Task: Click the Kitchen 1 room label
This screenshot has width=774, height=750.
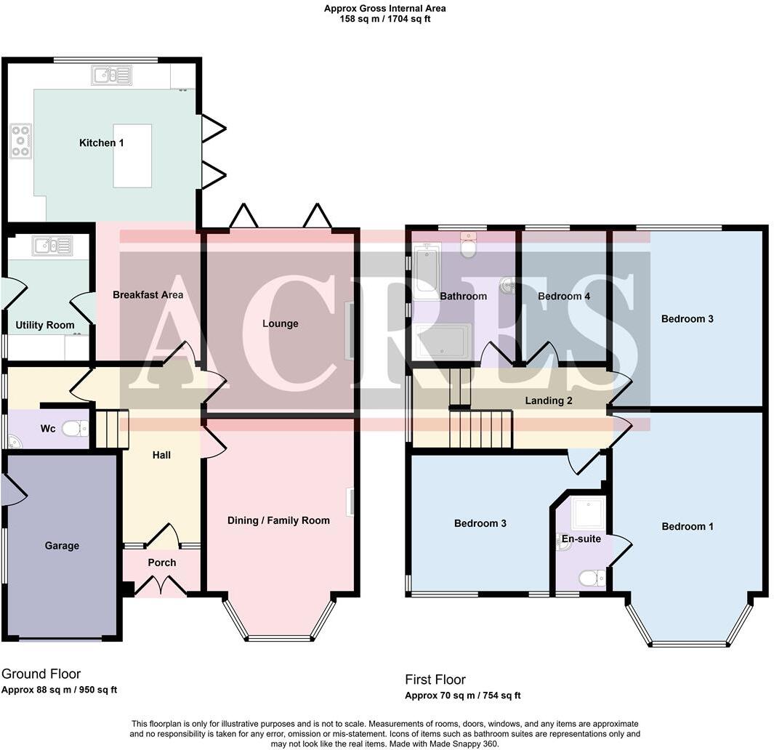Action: click(x=101, y=143)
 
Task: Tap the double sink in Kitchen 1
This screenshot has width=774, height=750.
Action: click(x=111, y=75)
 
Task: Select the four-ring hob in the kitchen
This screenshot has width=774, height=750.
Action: click(x=20, y=141)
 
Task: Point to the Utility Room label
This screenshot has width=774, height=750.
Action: click(x=45, y=325)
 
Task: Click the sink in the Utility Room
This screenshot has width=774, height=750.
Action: click(x=52, y=246)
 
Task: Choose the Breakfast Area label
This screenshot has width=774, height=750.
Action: click(x=148, y=295)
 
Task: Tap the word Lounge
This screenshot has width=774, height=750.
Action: click(x=280, y=323)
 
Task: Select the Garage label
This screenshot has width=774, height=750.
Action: click(x=62, y=546)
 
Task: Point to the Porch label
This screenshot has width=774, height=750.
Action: click(x=161, y=562)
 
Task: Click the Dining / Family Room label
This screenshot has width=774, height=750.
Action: click(x=278, y=520)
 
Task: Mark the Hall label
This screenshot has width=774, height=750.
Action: click(x=161, y=455)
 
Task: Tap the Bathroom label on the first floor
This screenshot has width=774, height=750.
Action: click(x=463, y=296)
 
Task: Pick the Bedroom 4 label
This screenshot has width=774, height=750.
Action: click(x=564, y=297)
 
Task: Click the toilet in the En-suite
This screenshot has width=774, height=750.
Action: click(x=592, y=578)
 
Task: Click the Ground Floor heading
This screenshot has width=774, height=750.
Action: click(x=41, y=674)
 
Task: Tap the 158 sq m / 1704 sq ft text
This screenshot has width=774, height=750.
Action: click(x=384, y=19)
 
